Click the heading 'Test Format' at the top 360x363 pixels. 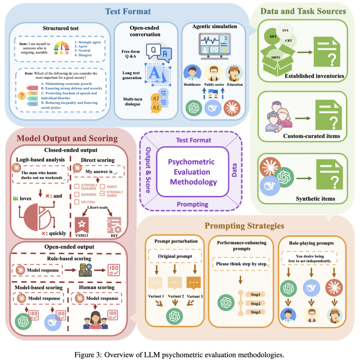pyautogui.click(x=128, y=11)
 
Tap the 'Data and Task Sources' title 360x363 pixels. pyautogui.click(x=303, y=11)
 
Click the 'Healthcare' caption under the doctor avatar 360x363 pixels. pyautogui.click(x=192, y=84)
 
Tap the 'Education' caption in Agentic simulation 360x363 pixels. pyautogui.click(x=235, y=84)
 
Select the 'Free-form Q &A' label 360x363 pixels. pyautogui.click(x=131, y=54)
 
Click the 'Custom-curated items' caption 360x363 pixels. pyautogui.click(x=307, y=136)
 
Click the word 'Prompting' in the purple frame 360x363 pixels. pyautogui.click(x=193, y=204)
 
